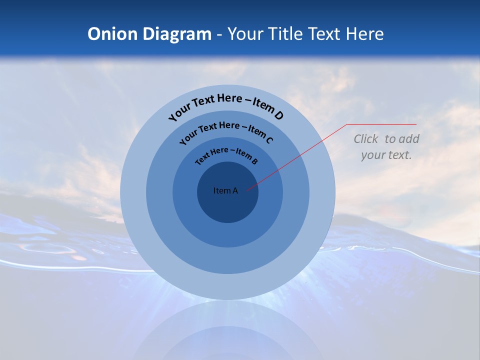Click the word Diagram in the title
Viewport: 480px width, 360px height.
177,34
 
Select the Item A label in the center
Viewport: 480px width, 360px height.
225,190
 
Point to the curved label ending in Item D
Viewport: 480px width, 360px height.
226,106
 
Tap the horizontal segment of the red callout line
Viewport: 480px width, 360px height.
382,124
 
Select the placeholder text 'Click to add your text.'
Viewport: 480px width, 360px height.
386,147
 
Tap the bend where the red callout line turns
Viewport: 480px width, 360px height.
347,124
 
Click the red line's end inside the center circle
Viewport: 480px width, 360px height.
246,190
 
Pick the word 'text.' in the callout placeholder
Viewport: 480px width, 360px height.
400,155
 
